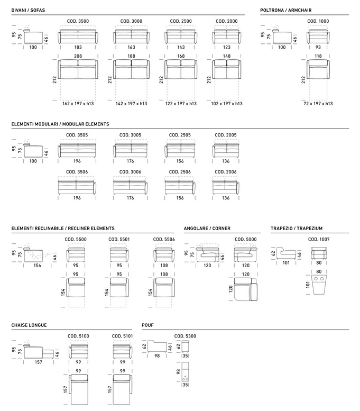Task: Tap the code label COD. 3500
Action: click(x=78, y=21)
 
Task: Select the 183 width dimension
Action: click(x=78, y=48)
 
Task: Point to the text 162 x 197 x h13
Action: click(x=78, y=104)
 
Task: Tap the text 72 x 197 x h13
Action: click(x=318, y=104)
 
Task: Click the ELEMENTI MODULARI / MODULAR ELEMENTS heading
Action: click(x=60, y=124)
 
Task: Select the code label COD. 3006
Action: click(x=130, y=172)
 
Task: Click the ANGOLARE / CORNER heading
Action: click(x=207, y=229)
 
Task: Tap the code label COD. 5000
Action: click(x=245, y=239)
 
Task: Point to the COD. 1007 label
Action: click(x=318, y=239)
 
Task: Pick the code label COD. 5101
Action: click(x=122, y=336)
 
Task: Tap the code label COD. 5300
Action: click(x=185, y=336)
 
